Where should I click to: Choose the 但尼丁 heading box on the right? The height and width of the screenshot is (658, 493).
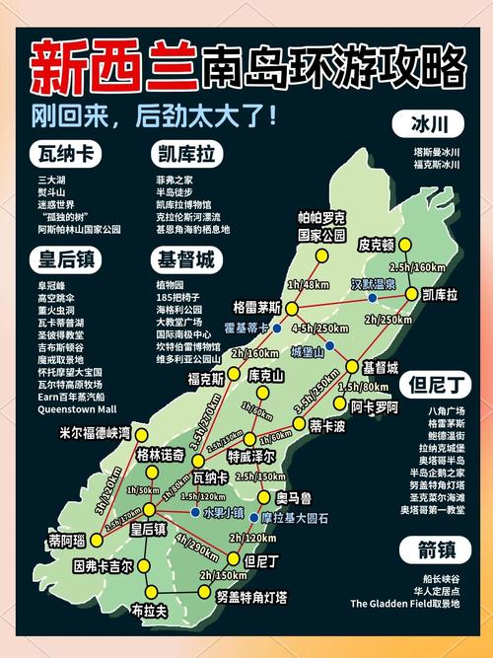coord(430,384)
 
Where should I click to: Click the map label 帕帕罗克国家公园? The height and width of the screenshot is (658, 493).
coord(321,227)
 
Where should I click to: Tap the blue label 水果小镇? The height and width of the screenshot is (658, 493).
coord(223,513)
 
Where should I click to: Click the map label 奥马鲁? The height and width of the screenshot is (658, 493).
coord(294,496)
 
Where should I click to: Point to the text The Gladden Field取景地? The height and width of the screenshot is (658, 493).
coord(404,604)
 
